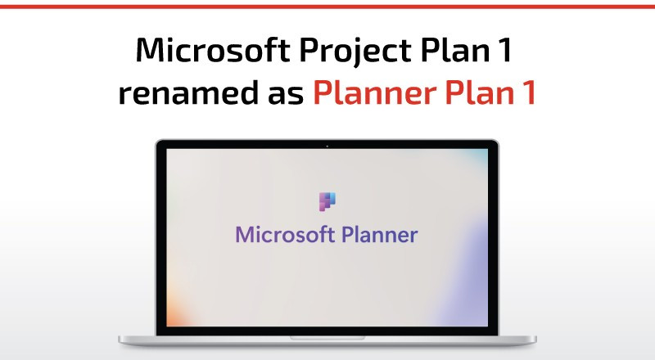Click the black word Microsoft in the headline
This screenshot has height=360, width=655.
213,50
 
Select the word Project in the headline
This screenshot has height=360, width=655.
355,52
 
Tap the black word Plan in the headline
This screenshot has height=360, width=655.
455,49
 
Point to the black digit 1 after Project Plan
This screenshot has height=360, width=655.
505,50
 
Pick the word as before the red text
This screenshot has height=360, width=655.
286,95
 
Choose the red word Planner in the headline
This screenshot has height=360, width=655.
374,92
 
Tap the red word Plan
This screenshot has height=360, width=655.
480,92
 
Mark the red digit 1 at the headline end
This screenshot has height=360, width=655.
530,92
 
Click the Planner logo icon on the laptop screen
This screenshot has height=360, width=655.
327,202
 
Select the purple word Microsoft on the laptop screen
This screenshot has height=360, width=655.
285,234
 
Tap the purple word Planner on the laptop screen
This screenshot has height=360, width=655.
380,234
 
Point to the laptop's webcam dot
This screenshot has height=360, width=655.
327,146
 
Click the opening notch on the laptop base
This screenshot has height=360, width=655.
327,338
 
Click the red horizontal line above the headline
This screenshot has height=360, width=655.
327,7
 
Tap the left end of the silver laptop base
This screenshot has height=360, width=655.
120,340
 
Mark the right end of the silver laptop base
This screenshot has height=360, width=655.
535,340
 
